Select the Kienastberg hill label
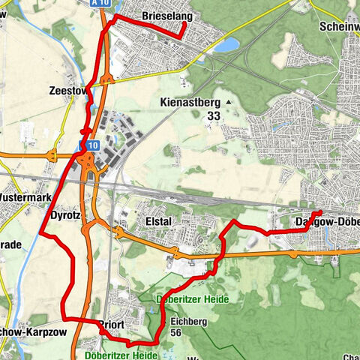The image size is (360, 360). tap(187, 103)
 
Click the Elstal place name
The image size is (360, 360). tap(154, 221)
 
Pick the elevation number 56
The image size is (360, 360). tap(176, 332)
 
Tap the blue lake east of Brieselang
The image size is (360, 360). tap(224, 45)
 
